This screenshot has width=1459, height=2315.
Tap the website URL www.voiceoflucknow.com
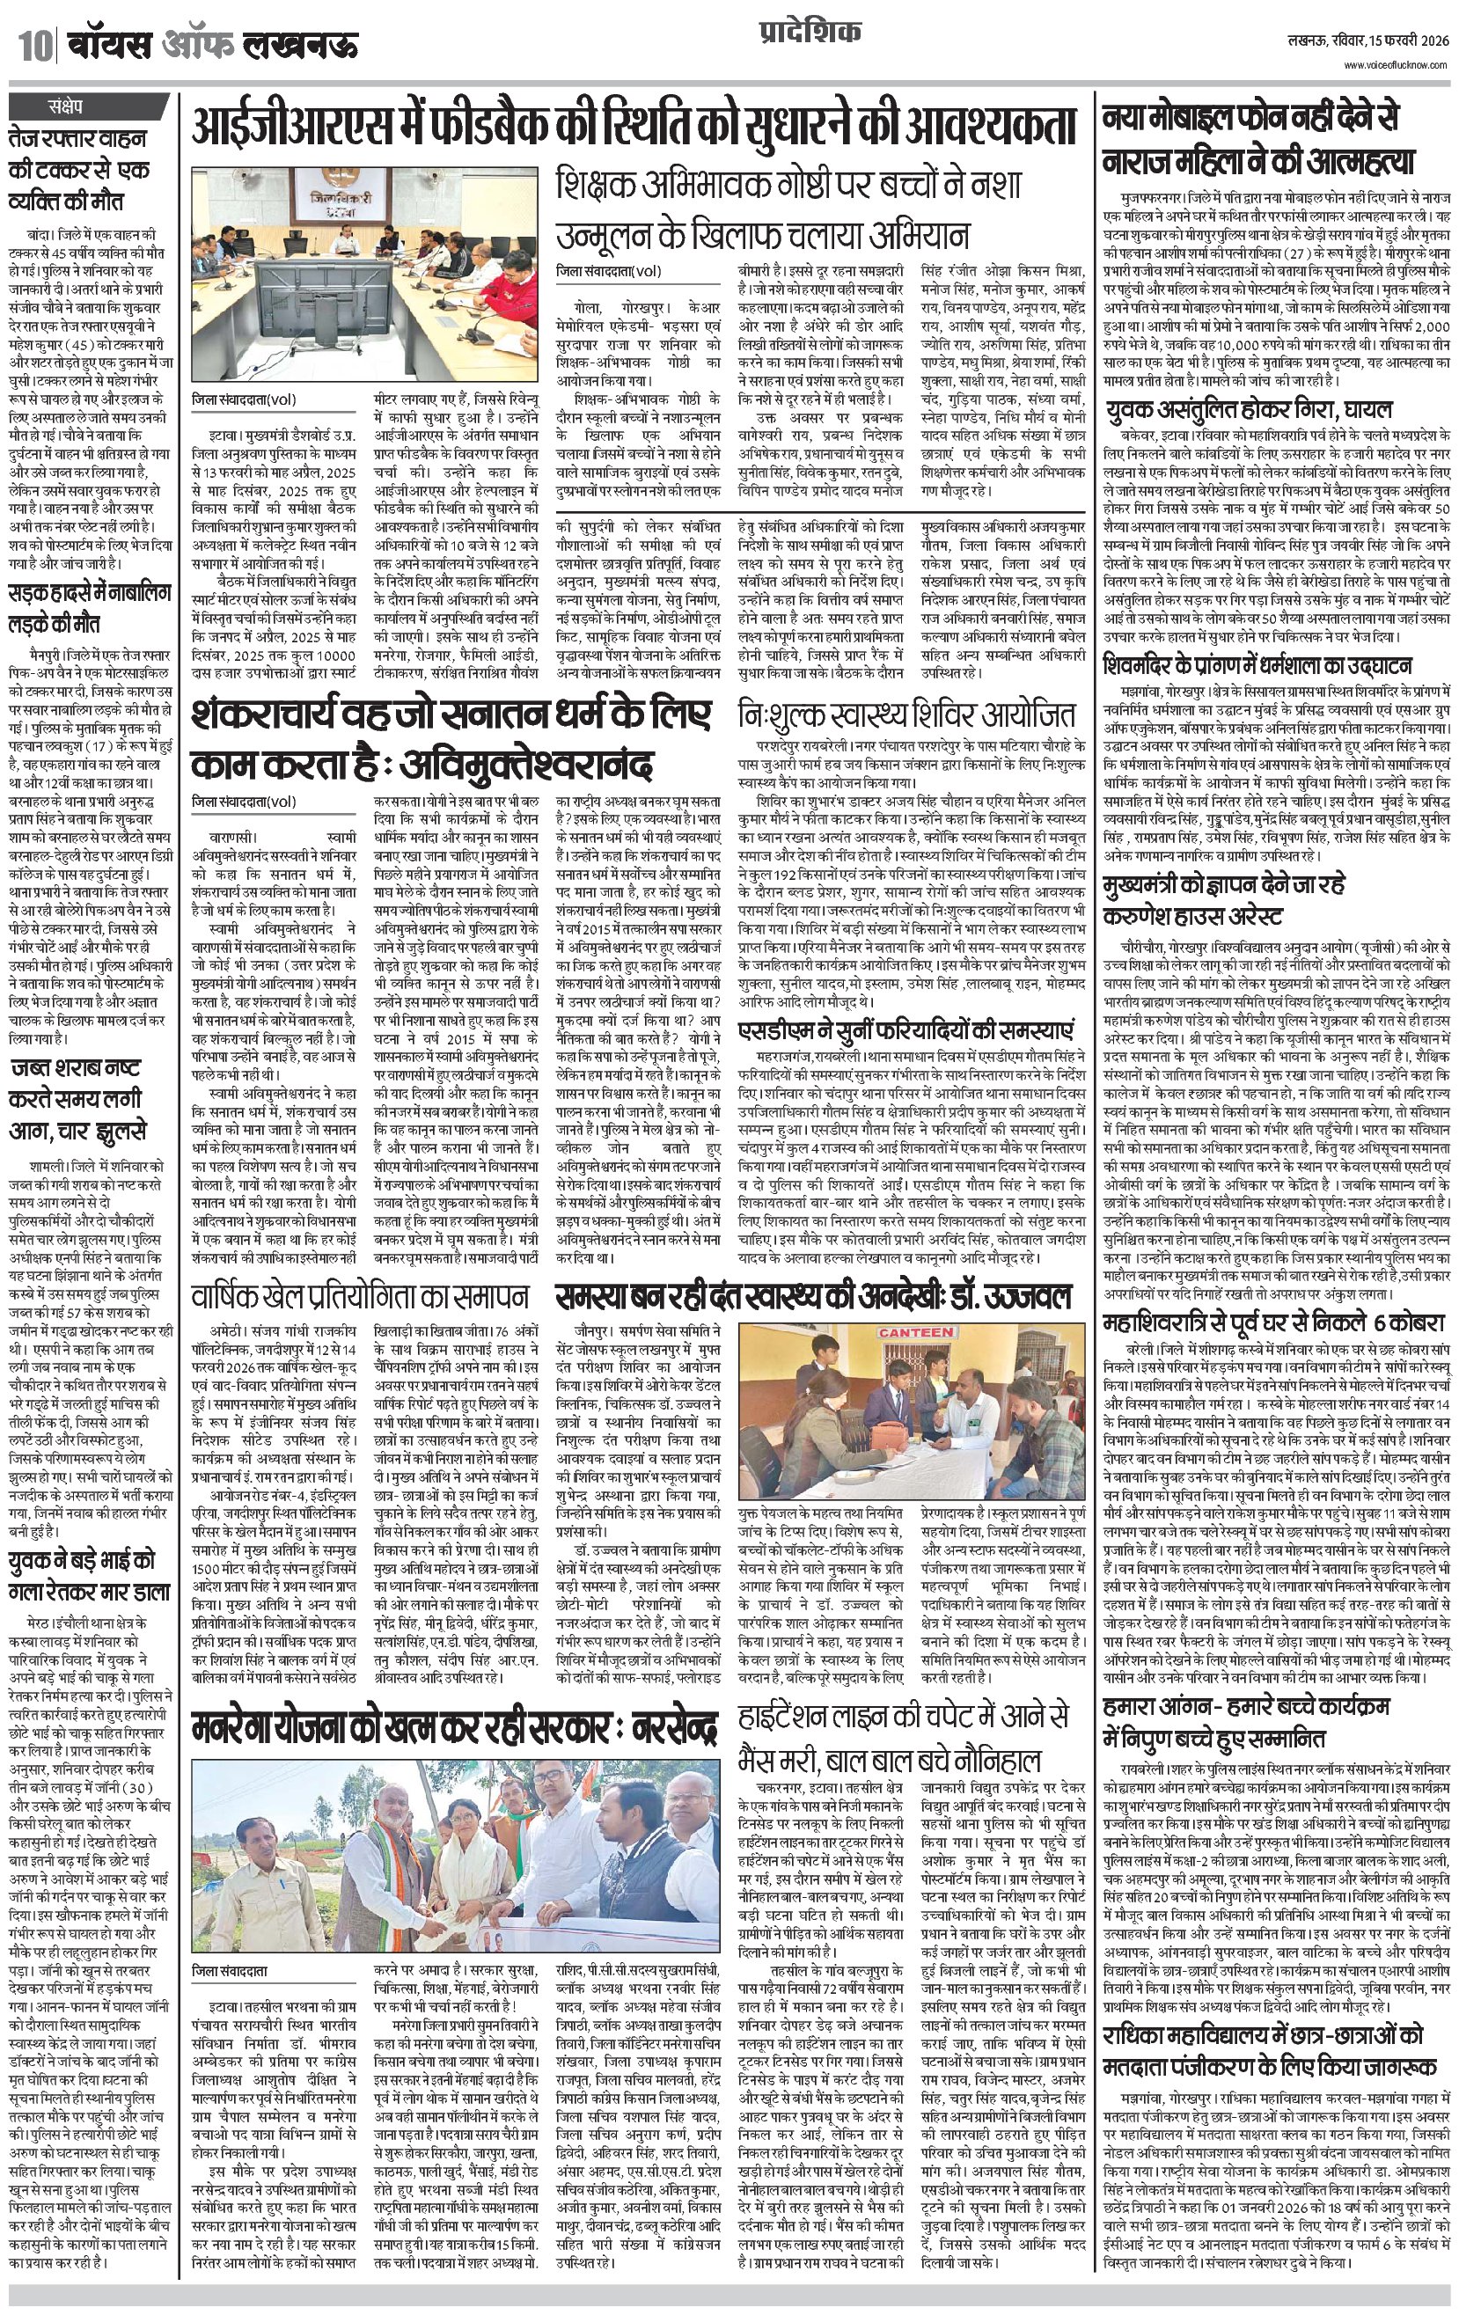[x=1398, y=64]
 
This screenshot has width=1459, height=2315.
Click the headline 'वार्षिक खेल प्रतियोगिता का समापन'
[x=360, y=1297]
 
